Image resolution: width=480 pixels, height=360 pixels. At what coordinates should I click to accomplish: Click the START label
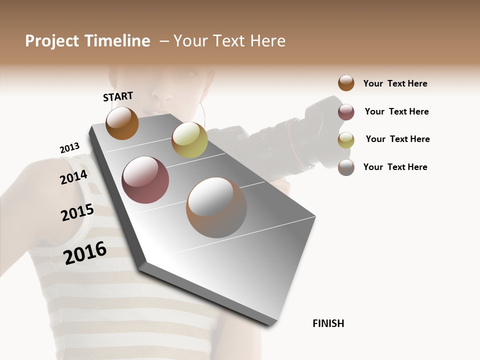coord(118,96)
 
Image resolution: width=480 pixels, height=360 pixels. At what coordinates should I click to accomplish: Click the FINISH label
coord(328,323)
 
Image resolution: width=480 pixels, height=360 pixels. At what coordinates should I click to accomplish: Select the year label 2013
coord(69,148)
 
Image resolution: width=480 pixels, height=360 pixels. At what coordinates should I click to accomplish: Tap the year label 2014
coord(73,177)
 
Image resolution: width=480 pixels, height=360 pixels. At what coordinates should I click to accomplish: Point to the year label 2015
coord(77,212)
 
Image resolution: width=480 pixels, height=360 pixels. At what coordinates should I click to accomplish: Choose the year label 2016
coord(85,252)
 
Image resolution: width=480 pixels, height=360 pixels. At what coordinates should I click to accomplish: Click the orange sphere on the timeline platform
coord(122,123)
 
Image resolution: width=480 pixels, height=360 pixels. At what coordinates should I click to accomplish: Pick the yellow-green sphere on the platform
coord(189,140)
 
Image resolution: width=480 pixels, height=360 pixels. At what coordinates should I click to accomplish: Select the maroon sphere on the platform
coord(145,180)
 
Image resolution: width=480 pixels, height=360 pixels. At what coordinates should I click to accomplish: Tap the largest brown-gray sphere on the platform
coord(216,207)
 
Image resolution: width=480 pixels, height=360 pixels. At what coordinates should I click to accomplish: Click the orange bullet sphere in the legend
coord(346,83)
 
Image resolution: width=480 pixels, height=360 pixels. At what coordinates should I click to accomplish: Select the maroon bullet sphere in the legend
coord(346,112)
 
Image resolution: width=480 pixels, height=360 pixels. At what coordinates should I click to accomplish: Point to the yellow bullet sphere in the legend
coord(346,140)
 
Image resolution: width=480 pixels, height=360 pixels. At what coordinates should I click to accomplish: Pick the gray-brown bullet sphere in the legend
coord(346,167)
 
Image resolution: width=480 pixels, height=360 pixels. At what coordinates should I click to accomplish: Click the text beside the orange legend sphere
coord(395,83)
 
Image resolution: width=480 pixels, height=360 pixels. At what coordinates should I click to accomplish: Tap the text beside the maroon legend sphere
coord(396,111)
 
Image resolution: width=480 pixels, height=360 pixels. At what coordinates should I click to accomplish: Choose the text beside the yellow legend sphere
coord(397,139)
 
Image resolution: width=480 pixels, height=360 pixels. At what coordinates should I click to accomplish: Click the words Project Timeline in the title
coord(87,41)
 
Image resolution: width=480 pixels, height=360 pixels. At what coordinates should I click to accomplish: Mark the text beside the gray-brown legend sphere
coord(395,167)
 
